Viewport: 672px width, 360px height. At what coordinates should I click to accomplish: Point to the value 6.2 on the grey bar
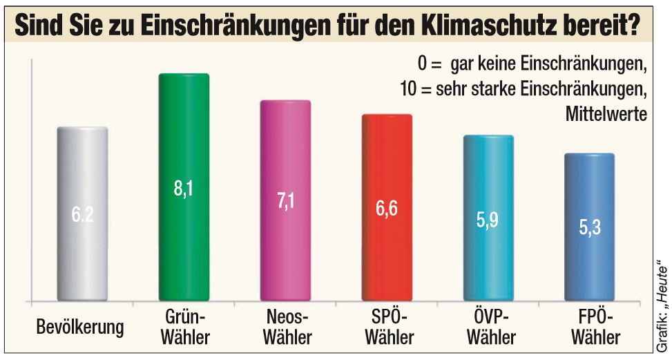pos(82,215)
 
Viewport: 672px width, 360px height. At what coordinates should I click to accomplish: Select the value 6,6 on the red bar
pos(387,209)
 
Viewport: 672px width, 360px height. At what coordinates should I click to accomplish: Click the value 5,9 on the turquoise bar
pos(488,222)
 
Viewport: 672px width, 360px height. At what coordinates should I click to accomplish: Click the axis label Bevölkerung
pos(80,326)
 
